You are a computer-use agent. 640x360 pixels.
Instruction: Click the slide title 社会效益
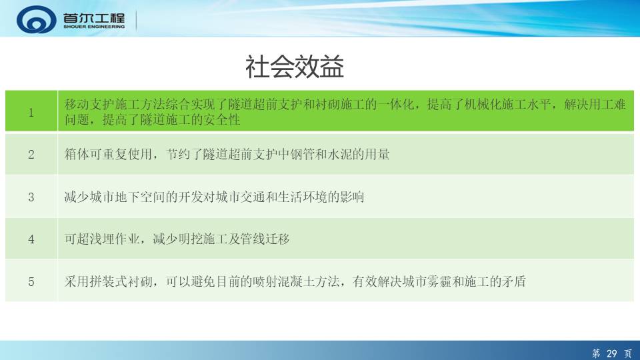tap(294, 67)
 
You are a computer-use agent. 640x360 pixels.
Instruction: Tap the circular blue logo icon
tap(36, 19)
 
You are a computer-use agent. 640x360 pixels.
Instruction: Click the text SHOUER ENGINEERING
tap(94, 27)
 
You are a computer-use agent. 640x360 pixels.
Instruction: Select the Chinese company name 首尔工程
tap(94, 17)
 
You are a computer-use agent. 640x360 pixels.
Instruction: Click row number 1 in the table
tap(31, 113)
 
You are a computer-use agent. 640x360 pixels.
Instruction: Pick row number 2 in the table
tap(31, 155)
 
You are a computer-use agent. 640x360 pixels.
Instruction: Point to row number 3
tap(31, 197)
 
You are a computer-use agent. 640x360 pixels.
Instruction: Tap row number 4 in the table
tap(31, 239)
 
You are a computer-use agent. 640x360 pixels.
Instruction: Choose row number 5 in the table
tap(31, 281)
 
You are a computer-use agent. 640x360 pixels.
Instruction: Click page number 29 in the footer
tap(611, 353)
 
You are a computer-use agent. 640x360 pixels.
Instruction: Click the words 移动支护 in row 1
tap(89, 105)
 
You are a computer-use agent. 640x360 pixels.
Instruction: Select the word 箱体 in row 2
tap(77, 154)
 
